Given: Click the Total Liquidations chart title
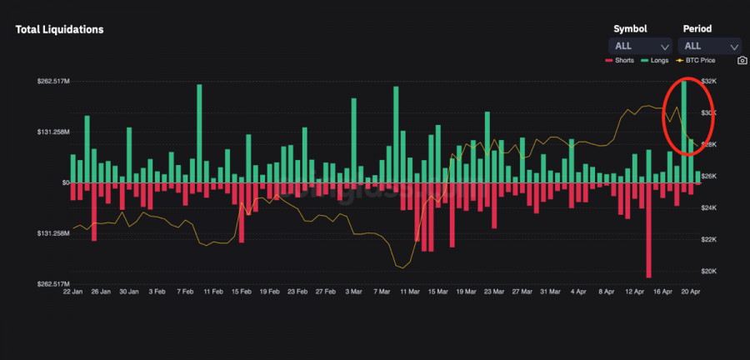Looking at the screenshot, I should (59, 29).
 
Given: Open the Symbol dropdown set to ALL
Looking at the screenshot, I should (641, 47).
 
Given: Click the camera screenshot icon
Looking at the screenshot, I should (742, 61).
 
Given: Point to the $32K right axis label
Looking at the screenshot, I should (709, 81).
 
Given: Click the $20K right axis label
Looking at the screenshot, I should (709, 271).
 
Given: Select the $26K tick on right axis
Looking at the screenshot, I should (709, 176).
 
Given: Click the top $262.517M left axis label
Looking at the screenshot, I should (52, 81).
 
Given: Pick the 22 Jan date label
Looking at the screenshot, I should (73, 292).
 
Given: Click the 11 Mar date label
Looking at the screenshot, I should (409, 292).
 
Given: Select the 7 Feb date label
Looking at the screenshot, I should (185, 292).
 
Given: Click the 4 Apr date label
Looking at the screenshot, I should (577, 292).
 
